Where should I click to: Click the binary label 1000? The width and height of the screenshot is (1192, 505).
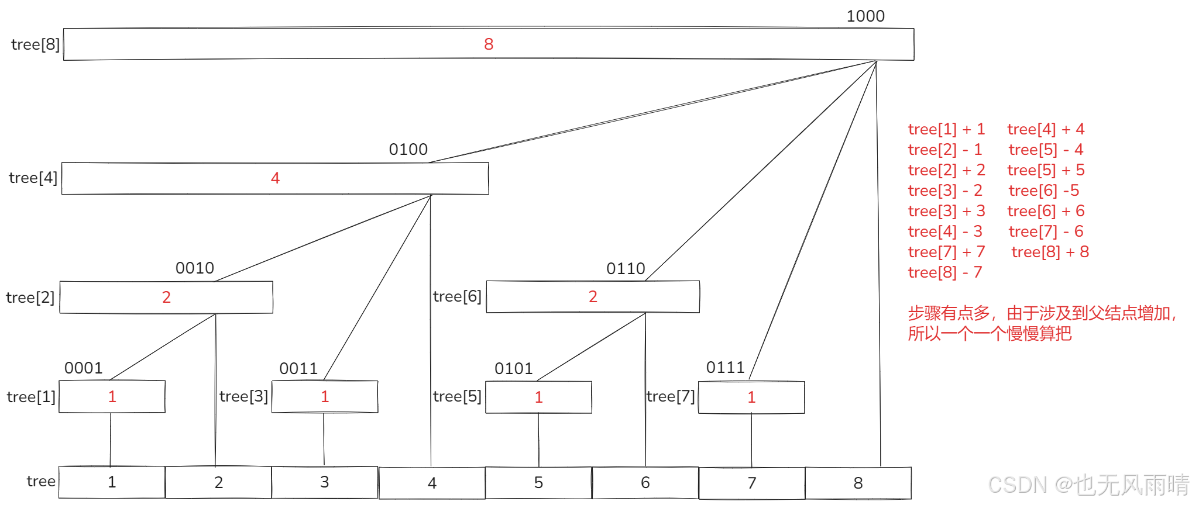click(x=865, y=16)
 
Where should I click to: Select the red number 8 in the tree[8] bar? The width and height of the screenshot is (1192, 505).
click(x=489, y=44)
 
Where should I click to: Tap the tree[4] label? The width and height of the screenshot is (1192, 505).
click(x=33, y=178)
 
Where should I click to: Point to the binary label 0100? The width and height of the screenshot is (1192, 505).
click(x=408, y=150)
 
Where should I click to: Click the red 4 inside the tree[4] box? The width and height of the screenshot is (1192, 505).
click(x=275, y=178)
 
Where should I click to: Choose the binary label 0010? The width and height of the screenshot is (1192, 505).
click(x=195, y=268)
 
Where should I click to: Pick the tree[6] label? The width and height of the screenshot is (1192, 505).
click(x=457, y=297)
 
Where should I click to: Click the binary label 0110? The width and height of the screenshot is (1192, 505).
click(x=626, y=269)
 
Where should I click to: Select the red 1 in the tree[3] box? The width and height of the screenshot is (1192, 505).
click(x=325, y=397)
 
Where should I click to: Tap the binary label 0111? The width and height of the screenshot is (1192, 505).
click(x=725, y=368)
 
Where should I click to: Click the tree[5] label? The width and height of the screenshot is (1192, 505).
click(x=457, y=397)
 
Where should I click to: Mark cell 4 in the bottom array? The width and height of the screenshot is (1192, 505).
click(x=432, y=483)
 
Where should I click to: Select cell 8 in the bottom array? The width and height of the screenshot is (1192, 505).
click(x=858, y=483)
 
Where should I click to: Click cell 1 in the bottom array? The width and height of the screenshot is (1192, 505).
click(x=112, y=482)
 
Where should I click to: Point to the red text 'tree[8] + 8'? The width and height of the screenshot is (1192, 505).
click(x=1050, y=252)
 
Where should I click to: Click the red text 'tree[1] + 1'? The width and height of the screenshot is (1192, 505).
click(x=946, y=129)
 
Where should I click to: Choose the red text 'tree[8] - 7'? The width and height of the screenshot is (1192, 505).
click(x=944, y=272)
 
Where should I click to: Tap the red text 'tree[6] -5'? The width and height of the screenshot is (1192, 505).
click(x=1043, y=191)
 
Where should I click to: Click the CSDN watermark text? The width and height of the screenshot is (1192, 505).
click(x=1088, y=485)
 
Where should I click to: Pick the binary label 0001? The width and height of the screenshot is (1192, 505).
click(x=83, y=368)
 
